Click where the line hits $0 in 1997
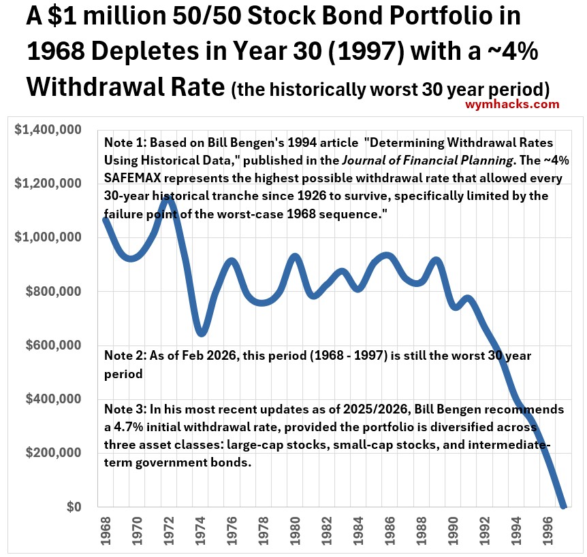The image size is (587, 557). (x=563, y=506)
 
